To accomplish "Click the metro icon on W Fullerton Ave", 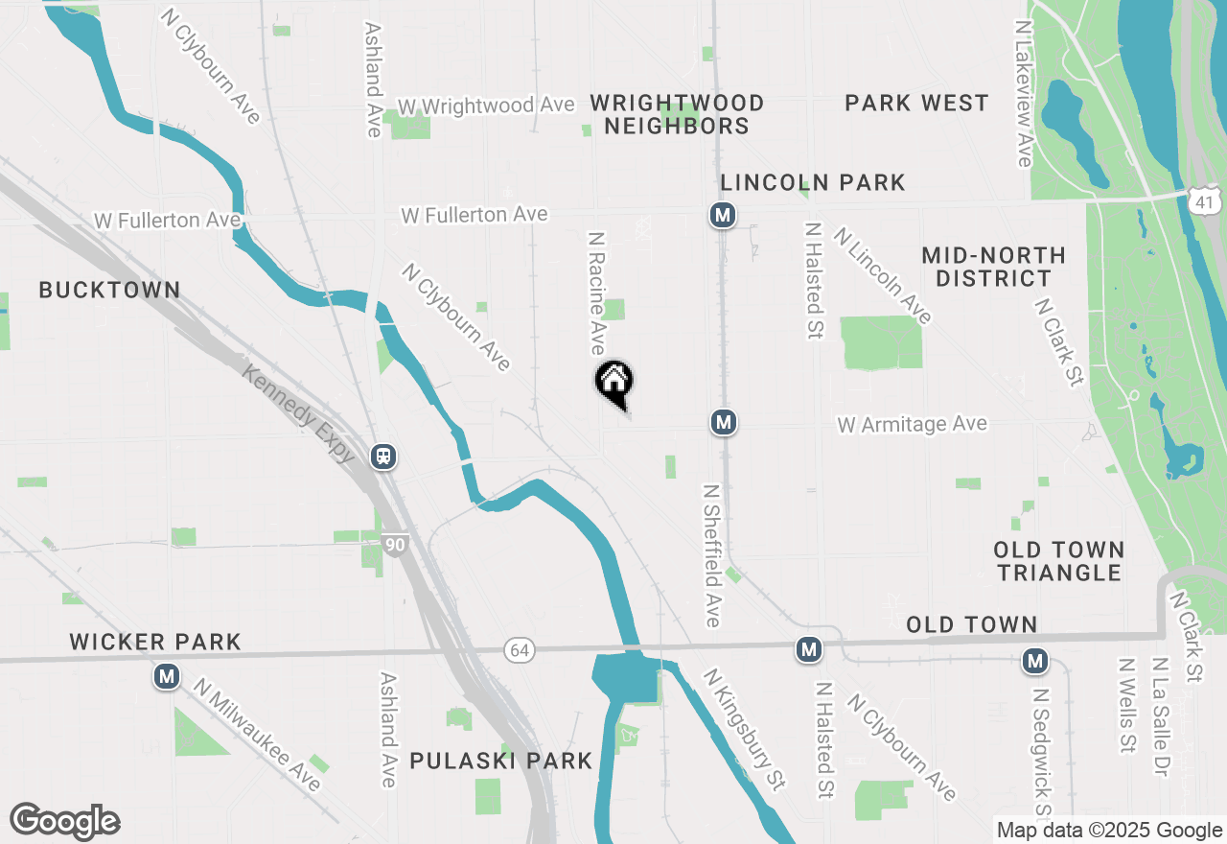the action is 723,215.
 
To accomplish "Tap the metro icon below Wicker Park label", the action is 168,677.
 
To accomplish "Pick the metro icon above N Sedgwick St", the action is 1034,660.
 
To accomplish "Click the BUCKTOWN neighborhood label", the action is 109,290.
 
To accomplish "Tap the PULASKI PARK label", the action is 501,762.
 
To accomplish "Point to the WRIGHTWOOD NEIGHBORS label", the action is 677,114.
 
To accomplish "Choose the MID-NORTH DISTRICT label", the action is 993,267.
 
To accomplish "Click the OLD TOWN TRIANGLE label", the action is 1058,561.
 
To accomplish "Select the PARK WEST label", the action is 916,103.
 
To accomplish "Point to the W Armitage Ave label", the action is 912,424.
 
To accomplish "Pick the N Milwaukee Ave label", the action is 256,736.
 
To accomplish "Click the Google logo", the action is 65,821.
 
